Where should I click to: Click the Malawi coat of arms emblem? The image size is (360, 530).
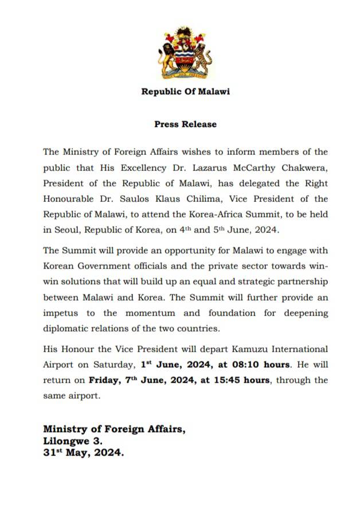coord(185,53)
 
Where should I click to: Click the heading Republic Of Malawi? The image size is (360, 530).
coord(185,92)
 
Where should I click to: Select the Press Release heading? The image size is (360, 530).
coord(185,124)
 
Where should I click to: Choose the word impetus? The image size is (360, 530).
coord(62,313)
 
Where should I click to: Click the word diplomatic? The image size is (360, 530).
coord(67,329)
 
